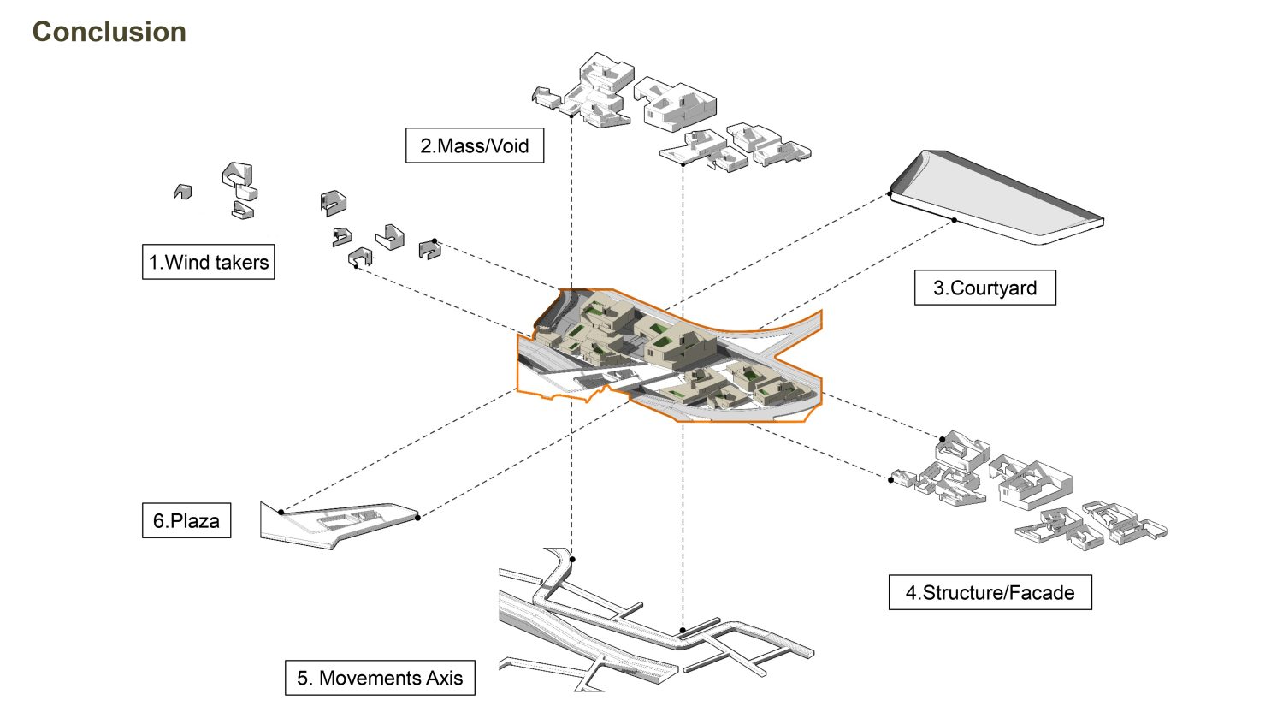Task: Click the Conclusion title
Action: pos(109,32)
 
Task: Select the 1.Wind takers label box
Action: pos(208,262)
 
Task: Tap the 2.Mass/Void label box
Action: pos(474,145)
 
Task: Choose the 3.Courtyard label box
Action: pos(984,288)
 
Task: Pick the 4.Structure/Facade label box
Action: pos(990,592)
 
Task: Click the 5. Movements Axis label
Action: pos(380,678)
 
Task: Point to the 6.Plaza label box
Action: pos(186,520)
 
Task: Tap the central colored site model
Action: pos(667,355)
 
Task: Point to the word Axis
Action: pos(444,678)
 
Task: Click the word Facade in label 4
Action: pos(1042,592)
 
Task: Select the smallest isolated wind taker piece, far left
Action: pos(182,192)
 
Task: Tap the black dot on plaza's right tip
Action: pos(417,517)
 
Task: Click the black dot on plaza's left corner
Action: pos(281,512)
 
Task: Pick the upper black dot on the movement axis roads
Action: pos(572,560)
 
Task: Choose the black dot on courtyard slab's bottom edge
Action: pos(955,220)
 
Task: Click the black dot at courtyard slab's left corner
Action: pos(890,194)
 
